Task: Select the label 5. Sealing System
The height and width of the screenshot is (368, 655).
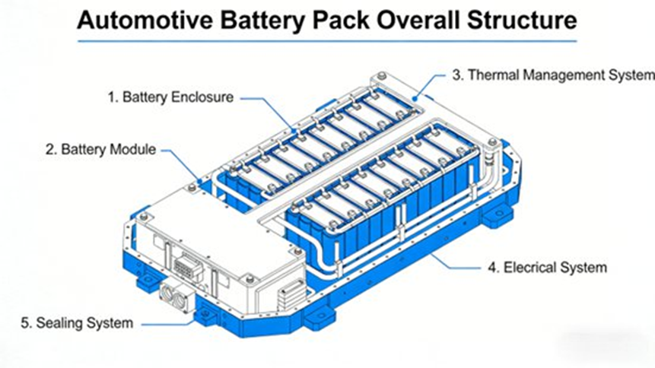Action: (76, 323)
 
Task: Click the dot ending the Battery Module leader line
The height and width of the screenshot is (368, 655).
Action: (200, 181)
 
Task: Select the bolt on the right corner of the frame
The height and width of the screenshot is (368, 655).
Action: (493, 142)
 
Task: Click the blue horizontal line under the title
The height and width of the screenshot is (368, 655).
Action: (327, 41)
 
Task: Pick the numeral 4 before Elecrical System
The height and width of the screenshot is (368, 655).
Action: (491, 267)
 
